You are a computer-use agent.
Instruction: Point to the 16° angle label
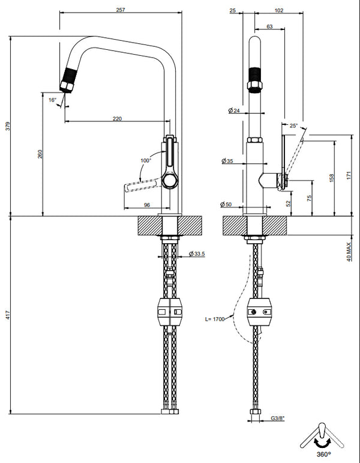(52, 100)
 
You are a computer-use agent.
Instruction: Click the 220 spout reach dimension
(117, 119)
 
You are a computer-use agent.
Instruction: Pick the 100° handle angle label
(146, 160)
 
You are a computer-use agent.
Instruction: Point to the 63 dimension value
(269, 27)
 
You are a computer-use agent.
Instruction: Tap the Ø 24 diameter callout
(234, 111)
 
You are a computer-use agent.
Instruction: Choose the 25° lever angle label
(293, 126)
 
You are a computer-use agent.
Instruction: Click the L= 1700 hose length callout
(214, 319)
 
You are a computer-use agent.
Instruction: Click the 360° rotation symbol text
(323, 455)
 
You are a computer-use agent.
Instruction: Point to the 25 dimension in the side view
(232, 10)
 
